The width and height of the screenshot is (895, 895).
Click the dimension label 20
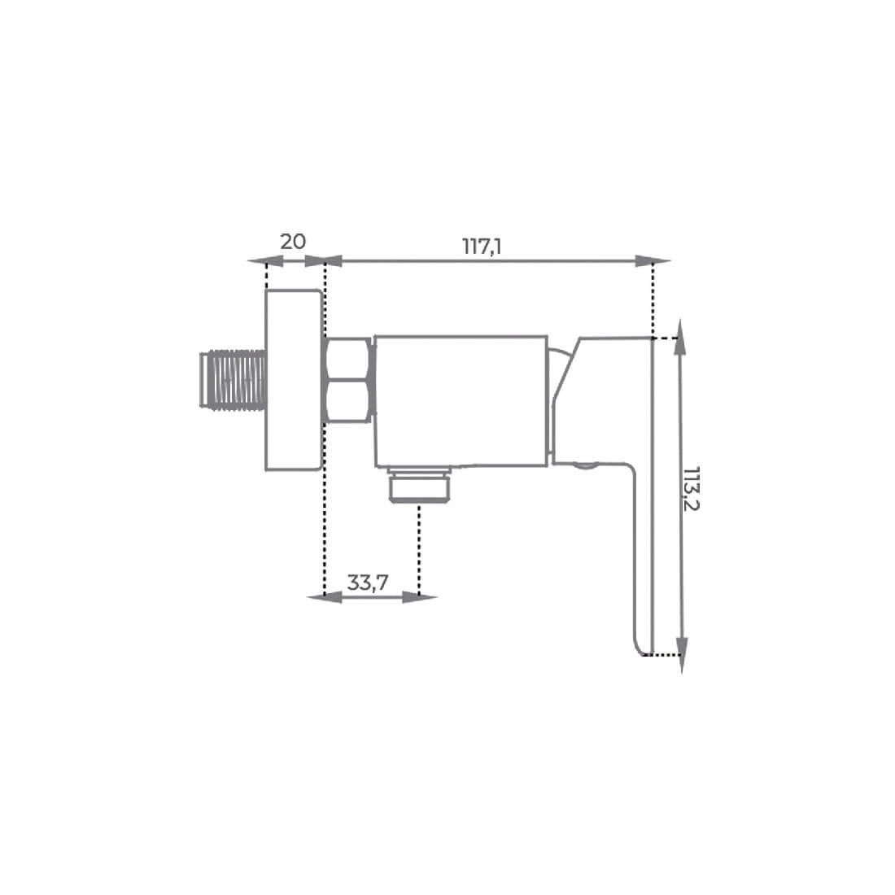click(293, 242)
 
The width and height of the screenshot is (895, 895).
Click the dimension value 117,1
click(482, 247)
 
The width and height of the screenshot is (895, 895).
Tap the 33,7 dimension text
click(368, 583)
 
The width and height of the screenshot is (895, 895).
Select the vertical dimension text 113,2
click(692, 489)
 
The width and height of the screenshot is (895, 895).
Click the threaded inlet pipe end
click(233, 380)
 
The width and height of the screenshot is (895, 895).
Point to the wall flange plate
click(294, 380)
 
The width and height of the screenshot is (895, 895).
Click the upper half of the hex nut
click(349, 359)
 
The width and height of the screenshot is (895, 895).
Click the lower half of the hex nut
click(349, 402)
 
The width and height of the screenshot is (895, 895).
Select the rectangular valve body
click(461, 400)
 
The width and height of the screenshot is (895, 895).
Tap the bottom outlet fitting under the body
click(420, 484)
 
